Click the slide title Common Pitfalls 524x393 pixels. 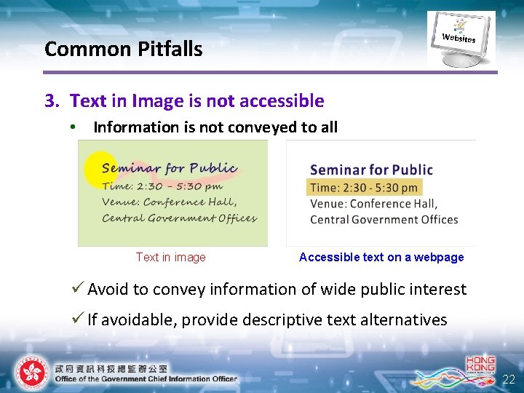pyautogui.click(x=123, y=49)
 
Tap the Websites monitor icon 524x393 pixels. pyautogui.click(x=460, y=38)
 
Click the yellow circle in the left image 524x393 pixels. pyautogui.click(x=100, y=170)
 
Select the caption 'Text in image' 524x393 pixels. pyautogui.click(x=170, y=257)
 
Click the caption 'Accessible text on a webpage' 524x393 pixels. pyautogui.click(x=381, y=257)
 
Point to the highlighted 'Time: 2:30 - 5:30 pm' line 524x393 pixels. pyautogui.click(x=364, y=187)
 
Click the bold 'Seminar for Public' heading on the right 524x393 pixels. pyautogui.click(x=371, y=170)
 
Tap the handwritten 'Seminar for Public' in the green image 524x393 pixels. pyautogui.click(x=170, y=168)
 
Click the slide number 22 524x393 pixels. pyautogui.click(x=509, y=379)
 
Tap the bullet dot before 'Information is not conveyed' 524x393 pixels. pyautogui.click(x=73, y=127)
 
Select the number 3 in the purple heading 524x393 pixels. pyautogui.click(x=50, y=100)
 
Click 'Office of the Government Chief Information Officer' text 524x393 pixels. pyautogui.click(x=146, y=378)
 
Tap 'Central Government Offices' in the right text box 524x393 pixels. pyautogui.click(x=384, y=219)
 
